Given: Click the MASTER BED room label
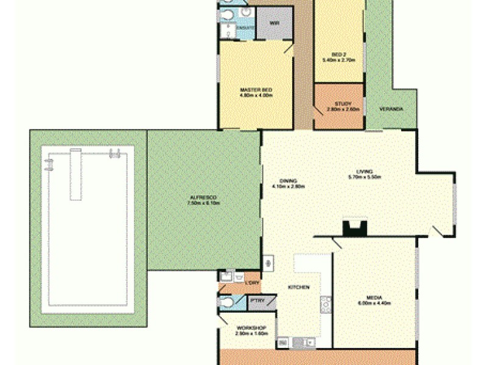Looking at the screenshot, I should point(256,90).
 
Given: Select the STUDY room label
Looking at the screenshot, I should point(343,104).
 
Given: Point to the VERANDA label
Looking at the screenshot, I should point(390,109).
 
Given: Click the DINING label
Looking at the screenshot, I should point(289,181).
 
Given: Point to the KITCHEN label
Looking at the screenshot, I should point(299,287).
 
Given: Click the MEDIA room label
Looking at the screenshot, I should point(374,297).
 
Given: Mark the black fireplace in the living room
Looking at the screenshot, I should point(353,228).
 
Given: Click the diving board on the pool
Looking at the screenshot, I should point(75,173).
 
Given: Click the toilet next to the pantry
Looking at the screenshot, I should point(226,302).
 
